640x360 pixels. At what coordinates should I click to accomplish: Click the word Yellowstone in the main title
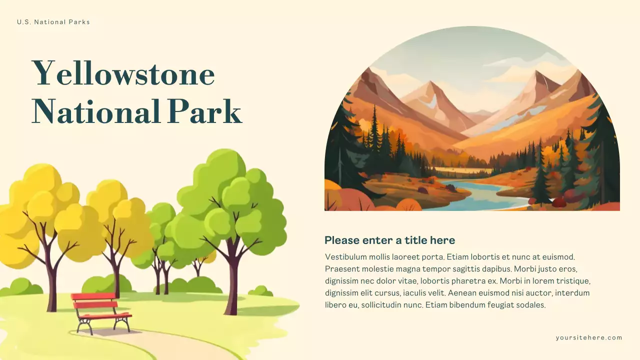[x=123, y=74]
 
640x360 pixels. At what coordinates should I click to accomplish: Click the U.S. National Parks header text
[x=53, y=22]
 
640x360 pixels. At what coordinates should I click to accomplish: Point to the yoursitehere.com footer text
[x=589, y=337]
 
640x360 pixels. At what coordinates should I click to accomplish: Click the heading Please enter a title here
[x=389, y=240]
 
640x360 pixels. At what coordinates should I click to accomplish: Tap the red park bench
[x=100, y=305]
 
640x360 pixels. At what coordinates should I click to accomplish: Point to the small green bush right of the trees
[x=260, y=291]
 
